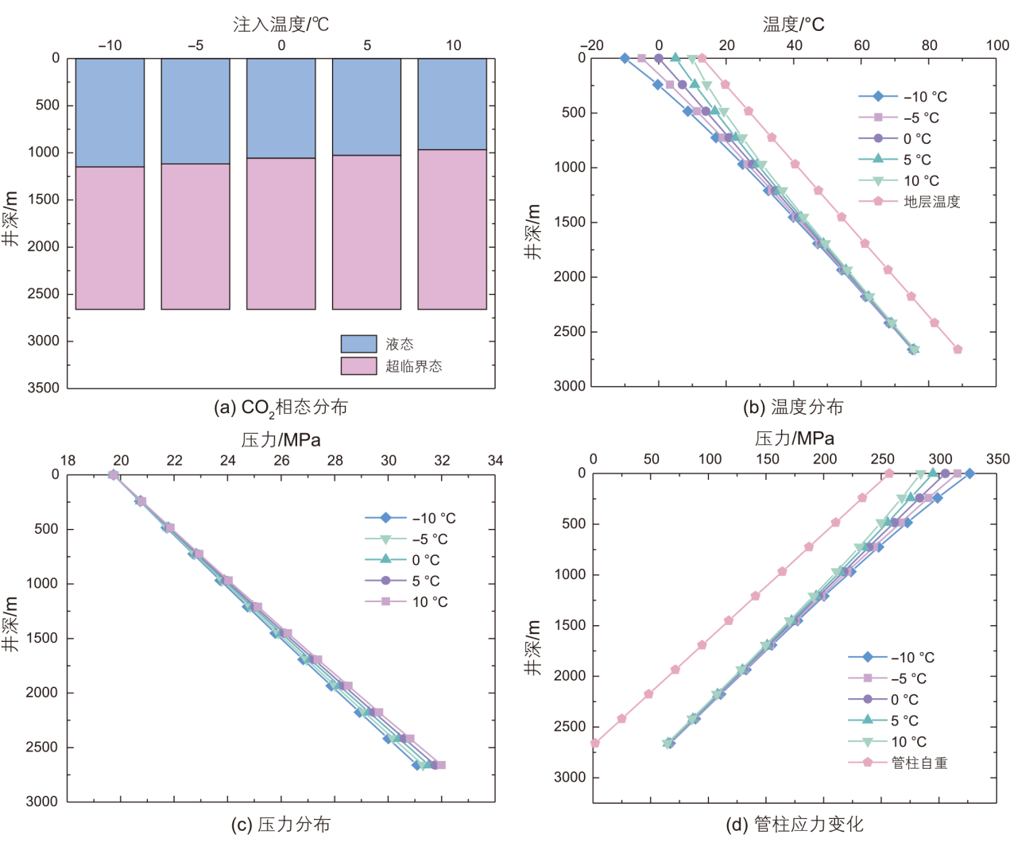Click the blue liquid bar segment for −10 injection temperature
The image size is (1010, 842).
(x=110, y=112)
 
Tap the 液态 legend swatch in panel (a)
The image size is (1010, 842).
(x=358, y=344)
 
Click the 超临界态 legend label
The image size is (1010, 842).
(x=413, y=366)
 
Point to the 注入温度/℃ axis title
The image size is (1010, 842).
(x=281, y=25)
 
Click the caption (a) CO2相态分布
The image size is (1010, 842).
(x=281, y=407)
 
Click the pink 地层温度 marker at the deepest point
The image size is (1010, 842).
(x=958, y=350)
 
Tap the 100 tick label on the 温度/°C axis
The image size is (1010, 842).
(x=997, y=45)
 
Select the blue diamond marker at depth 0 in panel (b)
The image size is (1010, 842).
(x=625, y=58)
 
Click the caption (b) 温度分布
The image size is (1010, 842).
(x=792, y=407)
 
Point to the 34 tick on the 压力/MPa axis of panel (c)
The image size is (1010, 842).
(x=495, y=461)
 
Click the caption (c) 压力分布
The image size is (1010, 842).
(x=281, y=825)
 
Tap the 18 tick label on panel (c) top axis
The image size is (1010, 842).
(x=68, y=461)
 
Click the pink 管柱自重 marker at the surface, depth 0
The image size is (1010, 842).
(x=889, y=473)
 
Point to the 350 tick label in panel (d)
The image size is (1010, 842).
(x=997, y=459)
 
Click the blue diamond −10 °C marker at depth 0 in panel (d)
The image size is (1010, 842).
(x=969, y=473)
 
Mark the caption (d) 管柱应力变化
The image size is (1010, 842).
(x=794, y=825)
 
